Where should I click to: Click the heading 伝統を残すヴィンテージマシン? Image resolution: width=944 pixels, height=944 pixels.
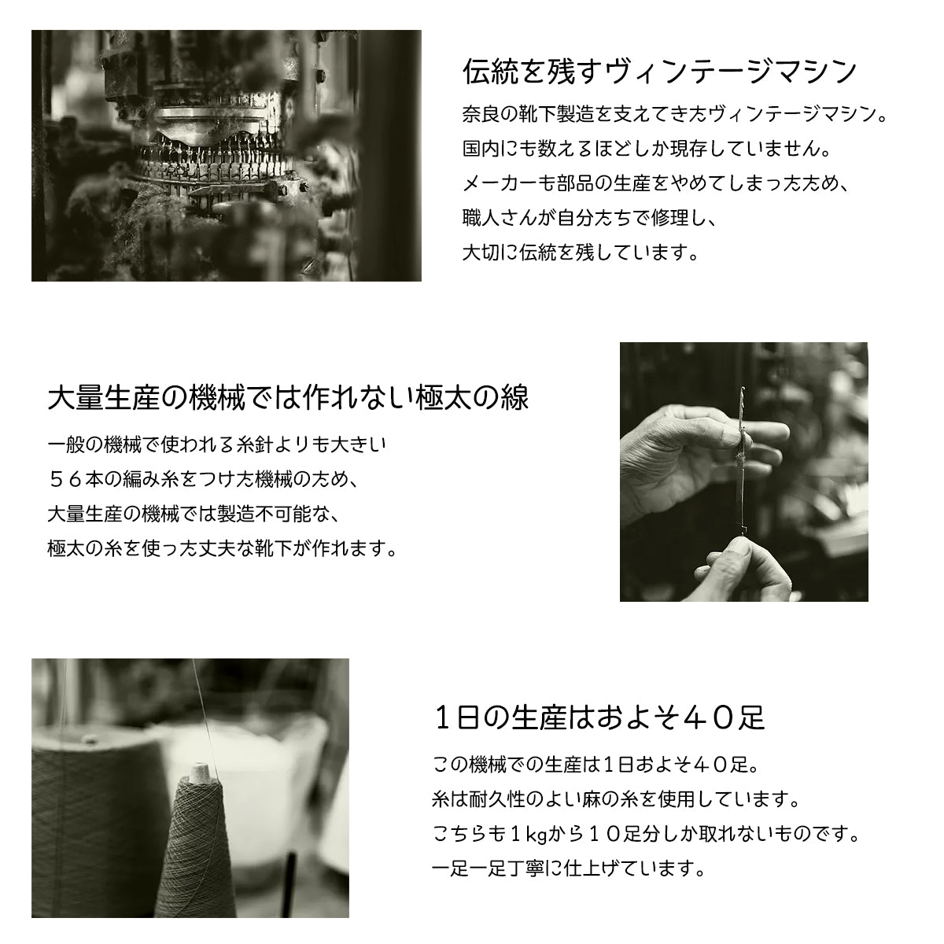(659, 72)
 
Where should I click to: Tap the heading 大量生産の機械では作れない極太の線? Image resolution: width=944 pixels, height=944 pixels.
(288, 397)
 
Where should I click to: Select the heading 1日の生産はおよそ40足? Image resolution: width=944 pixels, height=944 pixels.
(599, 718)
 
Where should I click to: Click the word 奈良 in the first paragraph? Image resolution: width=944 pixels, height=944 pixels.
(481, 114)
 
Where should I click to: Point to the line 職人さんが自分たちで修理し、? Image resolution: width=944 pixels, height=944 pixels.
(590, 218)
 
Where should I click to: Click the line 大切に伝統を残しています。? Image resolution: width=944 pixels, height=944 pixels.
(581, 253)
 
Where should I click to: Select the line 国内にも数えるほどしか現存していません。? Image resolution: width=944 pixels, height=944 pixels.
(647, 149)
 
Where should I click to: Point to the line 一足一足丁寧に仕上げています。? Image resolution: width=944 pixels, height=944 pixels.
(569, 869)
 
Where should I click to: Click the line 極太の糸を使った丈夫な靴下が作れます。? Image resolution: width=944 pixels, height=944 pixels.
(222, 548)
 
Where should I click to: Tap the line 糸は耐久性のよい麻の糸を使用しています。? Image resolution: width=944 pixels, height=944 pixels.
(616, 799)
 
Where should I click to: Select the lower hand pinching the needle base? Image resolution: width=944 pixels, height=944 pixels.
(745, 568)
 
